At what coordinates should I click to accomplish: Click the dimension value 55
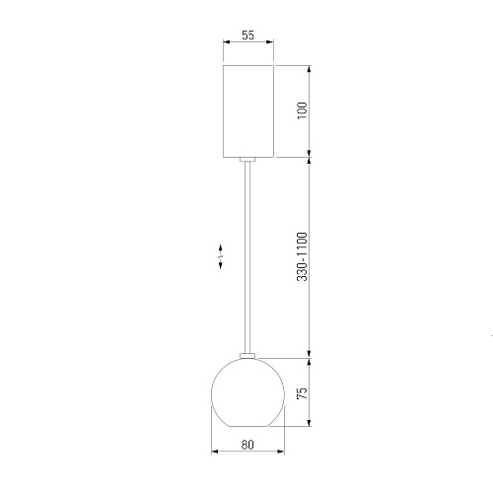pyautogui.click(x=248, y=35)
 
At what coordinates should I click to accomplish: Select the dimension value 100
pyautogui.click(x=302, y=110)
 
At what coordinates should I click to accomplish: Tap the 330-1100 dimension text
pyautogui.click(x=302, y=256)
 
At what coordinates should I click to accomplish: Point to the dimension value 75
pyautogui.click(x=302, y=393)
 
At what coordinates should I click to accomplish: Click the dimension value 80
pyautogui.click(x=247, y=445)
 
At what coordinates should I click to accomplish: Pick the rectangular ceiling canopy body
pyautogui.click(x=248, y=111)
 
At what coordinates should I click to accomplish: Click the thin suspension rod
pyautogui.click(x=247, y=257)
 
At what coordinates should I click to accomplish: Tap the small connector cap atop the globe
pyautogui.click(x=247, y=356)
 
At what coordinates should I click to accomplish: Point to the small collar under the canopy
pyautogui.click(x=247, y=160)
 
